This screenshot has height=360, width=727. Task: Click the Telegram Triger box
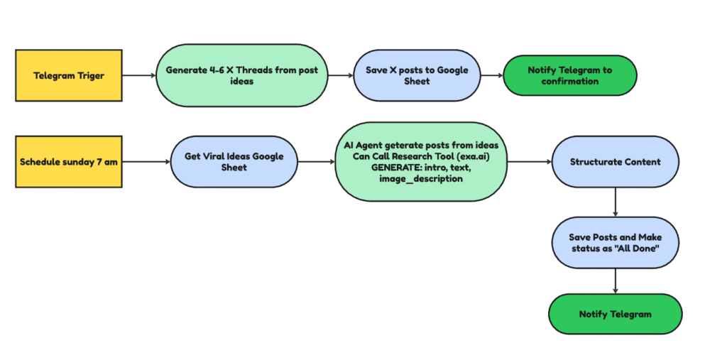(69, 75)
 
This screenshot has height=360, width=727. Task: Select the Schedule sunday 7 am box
(69, 162)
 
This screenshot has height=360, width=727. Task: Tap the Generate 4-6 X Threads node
(242, 75)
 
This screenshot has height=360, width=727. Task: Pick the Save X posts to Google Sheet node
(417, 75)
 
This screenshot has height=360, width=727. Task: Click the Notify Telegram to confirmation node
(570, 75)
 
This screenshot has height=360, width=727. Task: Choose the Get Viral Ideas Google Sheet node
(234, 162)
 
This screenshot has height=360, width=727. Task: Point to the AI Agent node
(421, 162)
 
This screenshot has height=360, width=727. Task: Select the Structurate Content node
(616, 162)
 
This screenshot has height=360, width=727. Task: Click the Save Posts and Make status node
(616, 243)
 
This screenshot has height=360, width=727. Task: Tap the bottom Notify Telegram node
(616, 314)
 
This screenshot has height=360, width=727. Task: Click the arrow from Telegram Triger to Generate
(139, 75)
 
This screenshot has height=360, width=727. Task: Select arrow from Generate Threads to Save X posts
(341, 75)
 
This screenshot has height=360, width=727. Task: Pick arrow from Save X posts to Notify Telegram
(492, 75)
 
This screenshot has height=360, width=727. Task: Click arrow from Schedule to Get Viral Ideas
(146, 162)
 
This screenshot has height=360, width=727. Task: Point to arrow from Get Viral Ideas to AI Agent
(316, 162)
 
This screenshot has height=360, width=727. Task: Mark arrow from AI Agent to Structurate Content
(530, 162)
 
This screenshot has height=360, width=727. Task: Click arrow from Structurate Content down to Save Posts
(616, 202)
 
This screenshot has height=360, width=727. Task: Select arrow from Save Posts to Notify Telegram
(616, 281)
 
